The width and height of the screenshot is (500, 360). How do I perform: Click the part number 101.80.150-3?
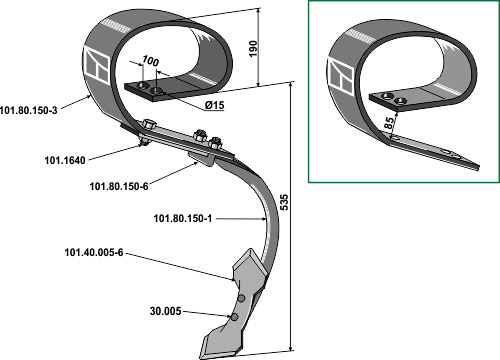click(x=29, y=110)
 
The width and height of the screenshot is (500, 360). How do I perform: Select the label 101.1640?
click(x=65, y=160)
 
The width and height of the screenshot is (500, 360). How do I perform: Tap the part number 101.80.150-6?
click(x=119, y=186)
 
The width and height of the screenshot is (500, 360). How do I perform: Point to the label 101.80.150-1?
click(x=183, y=219)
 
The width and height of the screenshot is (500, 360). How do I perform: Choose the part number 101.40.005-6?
click(x=94, y=253)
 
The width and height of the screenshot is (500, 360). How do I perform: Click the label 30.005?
click(x=166, y=311)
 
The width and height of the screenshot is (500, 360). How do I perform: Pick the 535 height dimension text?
click(x=284, y=202)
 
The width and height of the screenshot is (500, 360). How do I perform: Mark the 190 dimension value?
click(x=254, y=49)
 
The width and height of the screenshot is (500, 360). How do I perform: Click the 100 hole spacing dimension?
click(x=150, y=61)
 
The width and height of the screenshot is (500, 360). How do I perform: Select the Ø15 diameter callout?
click(x=214, y=106)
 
